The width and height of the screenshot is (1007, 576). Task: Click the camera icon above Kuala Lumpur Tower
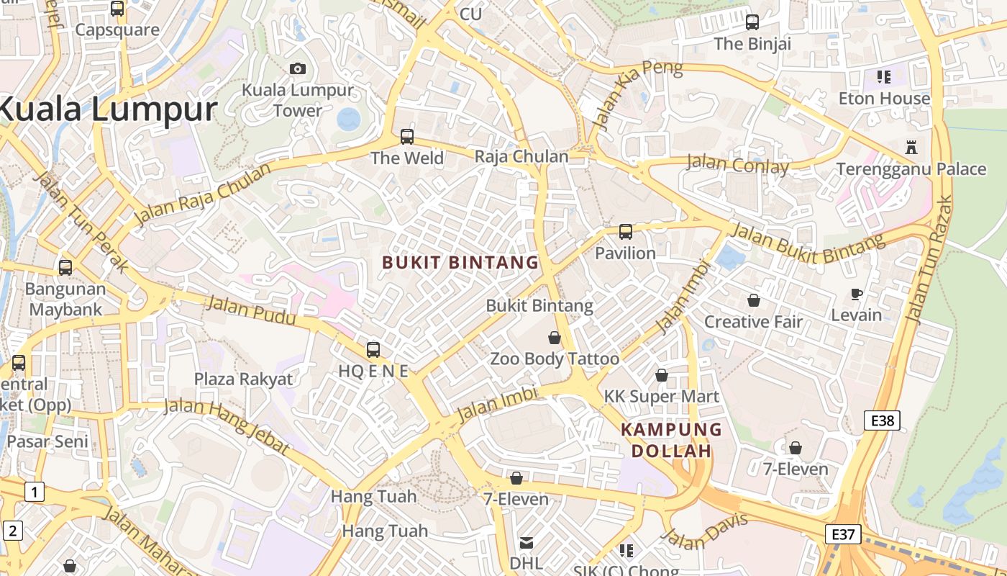pyautogui.click(x=298, y=68)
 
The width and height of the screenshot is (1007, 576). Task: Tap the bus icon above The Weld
pyautogui.click(x=407, y=136)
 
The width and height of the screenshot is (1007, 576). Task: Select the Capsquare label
pyautogui.click(x=117, y=30)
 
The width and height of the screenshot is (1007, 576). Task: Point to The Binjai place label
pyautogui.click(x=752, y=44)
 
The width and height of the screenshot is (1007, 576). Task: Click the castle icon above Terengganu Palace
pyautogui.click(x=911, y=148)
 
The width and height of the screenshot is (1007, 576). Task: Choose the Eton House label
pyautogui.click(x=884, y=99)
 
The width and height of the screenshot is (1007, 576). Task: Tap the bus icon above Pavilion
pyautogui.click(x=626, y=232)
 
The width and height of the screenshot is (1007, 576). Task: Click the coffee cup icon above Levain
pyautogui.click(x=857, y=294)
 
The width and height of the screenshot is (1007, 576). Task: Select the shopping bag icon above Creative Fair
pyautogui.click(x=753, y=300)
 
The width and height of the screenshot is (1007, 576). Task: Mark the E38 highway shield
pyautogui.click(x=883, y=420)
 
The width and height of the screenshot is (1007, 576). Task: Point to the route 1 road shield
pyautogui.click(x=34, y=492)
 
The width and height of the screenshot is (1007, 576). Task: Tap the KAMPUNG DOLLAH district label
pyautogui.click(x=671, y=440)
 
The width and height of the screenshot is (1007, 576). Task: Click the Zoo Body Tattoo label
pyautogui.click(x=555, y=359)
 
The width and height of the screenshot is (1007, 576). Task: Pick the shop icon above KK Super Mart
pyautogui.click(x=662, y=375)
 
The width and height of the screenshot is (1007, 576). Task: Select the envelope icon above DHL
pyautogui.click(x=527, y=542)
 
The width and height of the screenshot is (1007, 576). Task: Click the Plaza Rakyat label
pyautogui.click(x=243, y=379)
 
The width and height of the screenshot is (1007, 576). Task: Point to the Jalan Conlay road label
pyautogui.click(x=737, y=164)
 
